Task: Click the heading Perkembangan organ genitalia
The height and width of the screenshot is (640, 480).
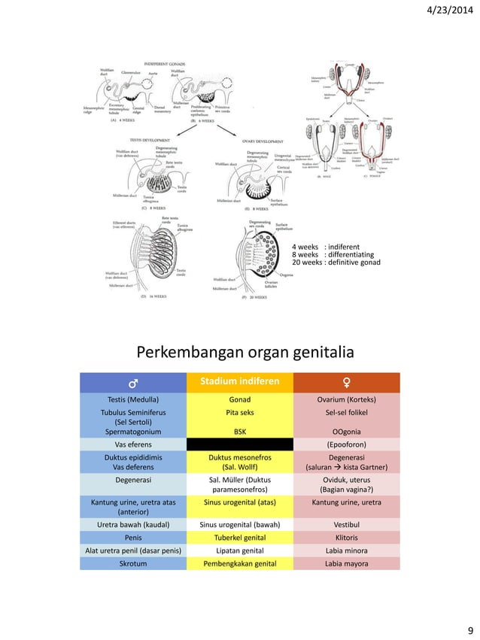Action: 240,353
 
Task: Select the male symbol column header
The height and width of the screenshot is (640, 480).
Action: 132,382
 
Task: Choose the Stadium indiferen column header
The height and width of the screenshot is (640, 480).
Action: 240,382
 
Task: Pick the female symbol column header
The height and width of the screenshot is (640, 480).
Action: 346,382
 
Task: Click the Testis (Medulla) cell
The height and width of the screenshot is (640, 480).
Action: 132,399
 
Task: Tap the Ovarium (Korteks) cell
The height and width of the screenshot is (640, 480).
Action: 346,399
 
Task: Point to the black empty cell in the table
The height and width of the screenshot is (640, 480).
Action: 240,444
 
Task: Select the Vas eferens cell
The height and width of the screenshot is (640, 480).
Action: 132,444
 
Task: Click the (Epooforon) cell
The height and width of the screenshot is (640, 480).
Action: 346,444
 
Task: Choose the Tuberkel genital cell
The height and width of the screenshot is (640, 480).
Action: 240,538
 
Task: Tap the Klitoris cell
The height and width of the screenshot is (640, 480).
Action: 346,538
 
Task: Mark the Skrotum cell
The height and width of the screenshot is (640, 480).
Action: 132,563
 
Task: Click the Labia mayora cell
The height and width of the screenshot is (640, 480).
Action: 346,563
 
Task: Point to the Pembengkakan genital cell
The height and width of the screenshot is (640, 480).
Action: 240,563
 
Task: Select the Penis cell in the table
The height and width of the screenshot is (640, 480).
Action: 132,538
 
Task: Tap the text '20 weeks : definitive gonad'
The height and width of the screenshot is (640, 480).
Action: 336,262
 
